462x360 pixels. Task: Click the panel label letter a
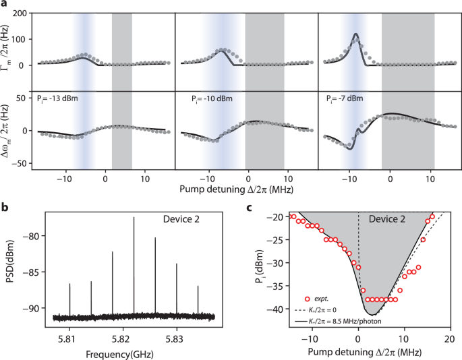click(x=5, y=5)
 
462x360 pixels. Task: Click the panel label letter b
click(x=5, y=208)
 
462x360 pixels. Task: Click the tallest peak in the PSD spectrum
click(x=134, y=218)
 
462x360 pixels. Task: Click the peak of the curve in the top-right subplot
click(x=355, y=34)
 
